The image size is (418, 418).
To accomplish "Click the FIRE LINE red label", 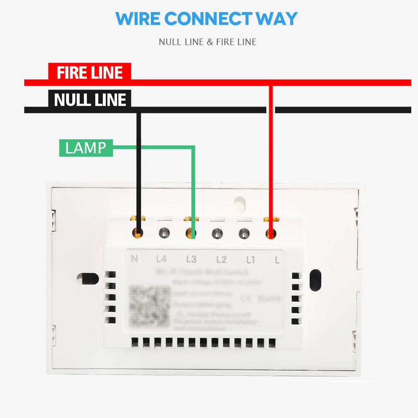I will tap(89, 72).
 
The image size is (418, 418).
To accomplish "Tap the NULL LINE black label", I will tap(89, 99).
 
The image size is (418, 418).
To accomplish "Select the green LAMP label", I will tap(86, 148).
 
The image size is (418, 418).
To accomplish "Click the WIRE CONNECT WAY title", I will tap(206, 19).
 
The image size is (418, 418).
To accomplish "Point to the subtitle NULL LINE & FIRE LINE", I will tap(207, 42).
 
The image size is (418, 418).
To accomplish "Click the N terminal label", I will tap(135, 259).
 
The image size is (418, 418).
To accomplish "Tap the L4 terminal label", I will tap(161, 260).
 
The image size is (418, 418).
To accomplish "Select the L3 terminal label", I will tap(191, 260).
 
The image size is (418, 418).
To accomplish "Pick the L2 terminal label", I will tap(221, 260).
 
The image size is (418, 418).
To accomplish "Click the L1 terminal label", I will tap(250, 260).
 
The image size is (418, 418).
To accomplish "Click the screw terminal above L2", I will tap(216, 233).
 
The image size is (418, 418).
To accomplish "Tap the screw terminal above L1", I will tap(244, 233).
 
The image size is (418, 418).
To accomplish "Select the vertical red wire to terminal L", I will tap(271, 159).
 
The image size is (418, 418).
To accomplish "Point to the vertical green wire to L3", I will tap(194, 188).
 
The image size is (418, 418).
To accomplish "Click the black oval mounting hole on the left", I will tap(88, 278).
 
